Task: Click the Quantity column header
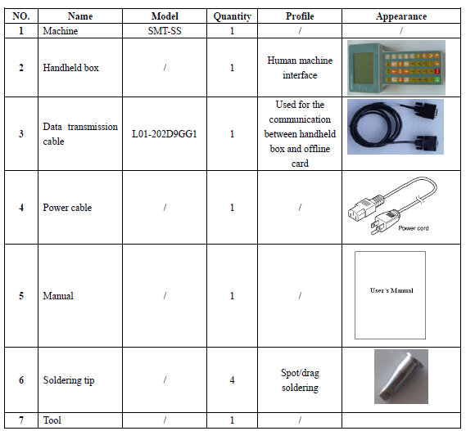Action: pyautogui.click(x=232, y=16)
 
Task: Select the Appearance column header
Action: pyautogui.click(x=401, y=16)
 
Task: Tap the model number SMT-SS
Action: pyautogui.click(x=165, y=31)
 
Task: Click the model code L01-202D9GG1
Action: pyautogui.click(x=165, y=134)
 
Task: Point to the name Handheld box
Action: pyautogui.click(x=70, y=68)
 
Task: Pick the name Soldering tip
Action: pyautogui.click(x=69, y=380)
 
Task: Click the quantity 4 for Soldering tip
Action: pyautogui.click(x=232, y=380)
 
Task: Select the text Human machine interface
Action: pyautogui.click(x=300, y=68)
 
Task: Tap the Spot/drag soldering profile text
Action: pyautogui.click(x=300, y=380)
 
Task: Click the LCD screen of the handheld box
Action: pyautogui.click(x=363, y=67)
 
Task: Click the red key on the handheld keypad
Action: pyautogui.click(x=437, y=71)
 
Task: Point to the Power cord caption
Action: pyautogui.click(x=414, y=228)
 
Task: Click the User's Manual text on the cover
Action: pyautogui.click(x=391, y=290)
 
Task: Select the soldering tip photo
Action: pyautogui.click(x=401, y=376)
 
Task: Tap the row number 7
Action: pyautogui.click(x=21, y=420)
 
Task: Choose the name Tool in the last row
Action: pyautogui.click(x=52, y=420)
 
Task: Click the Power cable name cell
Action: pyautogui.click(x=67, y=208)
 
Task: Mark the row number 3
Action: pyautogui.click(x=21, y=134)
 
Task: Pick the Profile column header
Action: pyautogui.click(x=300, y=16)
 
